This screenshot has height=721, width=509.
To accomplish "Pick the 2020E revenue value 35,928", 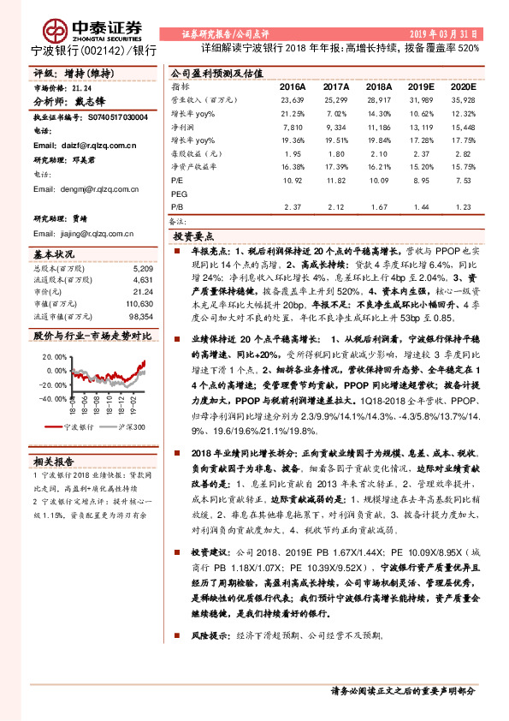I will pos(460,100).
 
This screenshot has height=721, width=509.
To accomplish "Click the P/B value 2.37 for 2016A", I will pos(292,206).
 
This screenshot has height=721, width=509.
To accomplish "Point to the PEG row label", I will pos(179,194).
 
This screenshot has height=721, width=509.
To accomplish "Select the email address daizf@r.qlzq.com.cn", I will pos(98,146).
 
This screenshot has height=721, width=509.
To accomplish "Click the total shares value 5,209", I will pos(144,269).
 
